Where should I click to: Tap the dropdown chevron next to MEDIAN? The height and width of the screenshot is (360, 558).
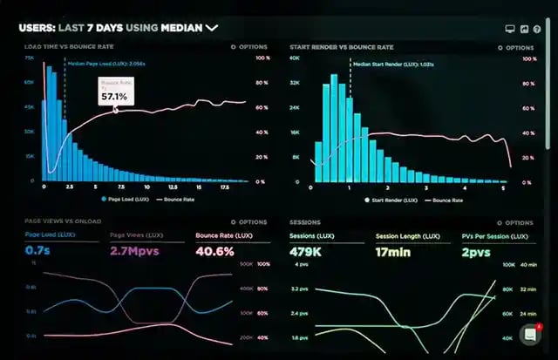(x=211, y=28)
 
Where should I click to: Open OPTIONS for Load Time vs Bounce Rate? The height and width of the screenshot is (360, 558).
(x=248, y=47)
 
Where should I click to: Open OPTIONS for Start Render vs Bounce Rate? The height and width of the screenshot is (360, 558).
(x=514, y=47)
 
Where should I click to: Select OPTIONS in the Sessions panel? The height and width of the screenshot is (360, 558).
(x=514, y=222)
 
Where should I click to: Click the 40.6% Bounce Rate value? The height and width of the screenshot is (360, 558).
(x=214, y=251)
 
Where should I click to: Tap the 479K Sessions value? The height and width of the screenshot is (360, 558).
(x=307, y=251)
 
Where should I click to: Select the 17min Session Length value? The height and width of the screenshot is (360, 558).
(x=393, y=251)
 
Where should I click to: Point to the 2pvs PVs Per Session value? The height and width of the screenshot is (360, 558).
(x=476, y=251)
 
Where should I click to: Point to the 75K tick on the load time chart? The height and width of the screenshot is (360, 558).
(x=29, y=58)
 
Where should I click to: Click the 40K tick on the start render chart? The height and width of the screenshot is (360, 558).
(x=295, y=58)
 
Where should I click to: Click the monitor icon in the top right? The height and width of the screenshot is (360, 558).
(x=509, y=28)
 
